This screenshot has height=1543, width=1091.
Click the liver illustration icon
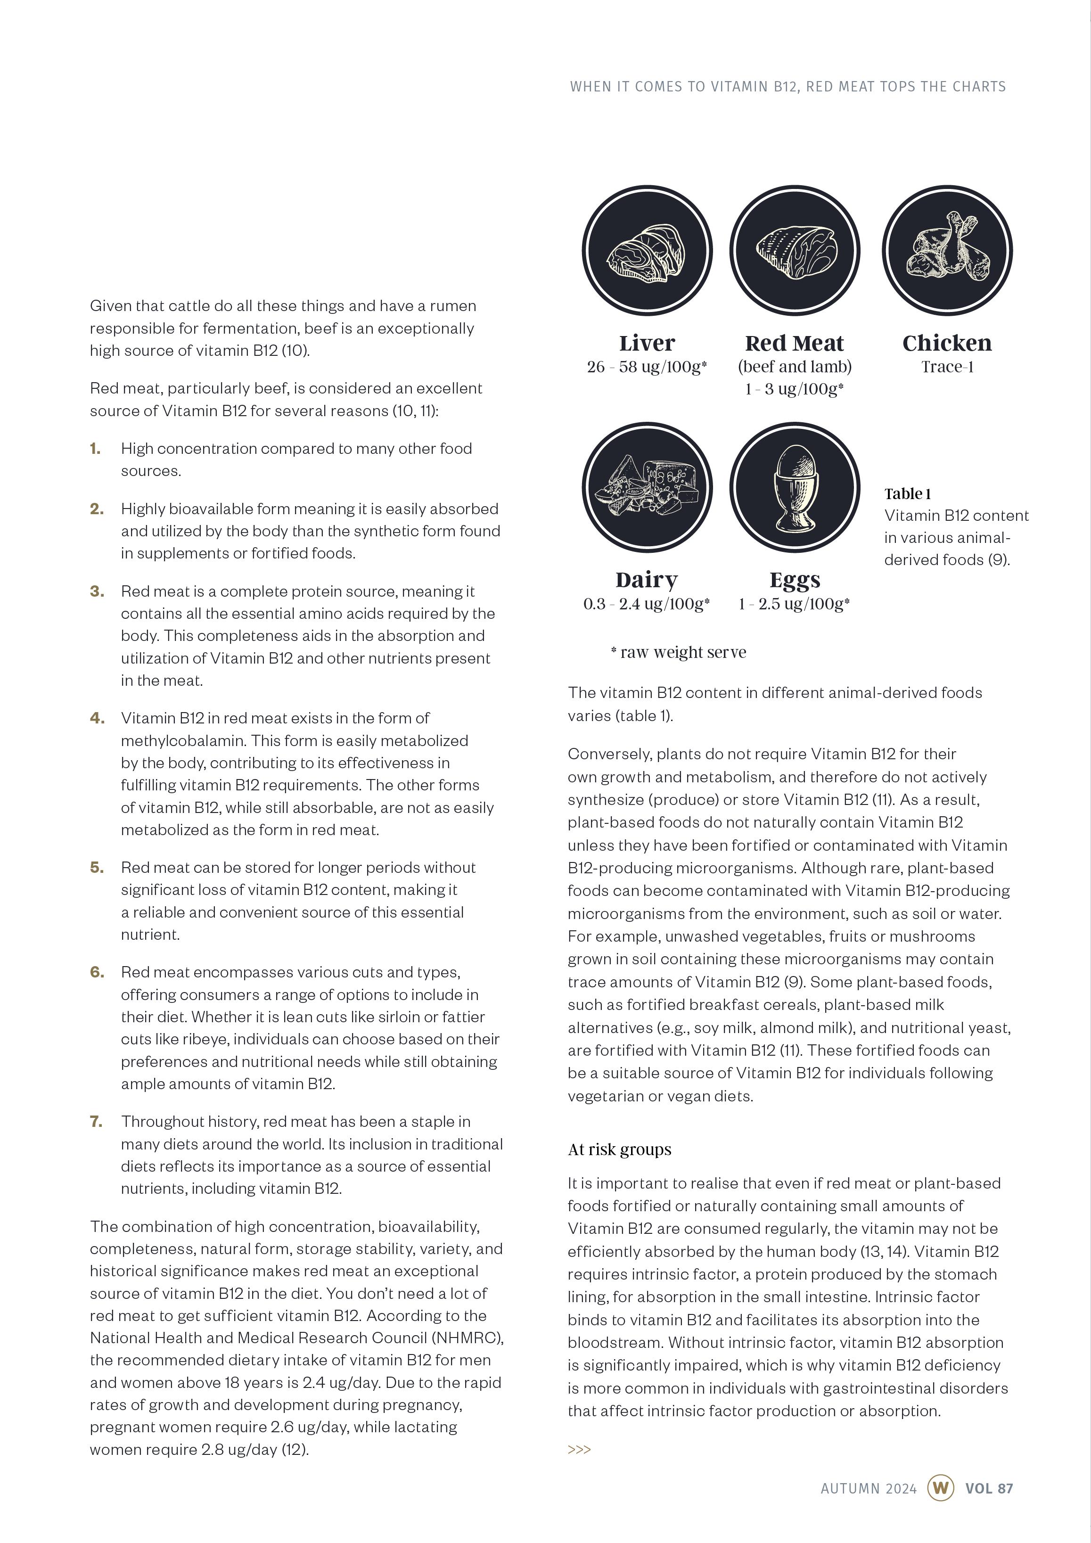click(647, 251)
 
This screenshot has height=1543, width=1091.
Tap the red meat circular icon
click(795, 251)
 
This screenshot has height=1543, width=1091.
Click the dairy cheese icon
click(647, 487)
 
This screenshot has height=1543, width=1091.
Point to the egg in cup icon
click(795, 487)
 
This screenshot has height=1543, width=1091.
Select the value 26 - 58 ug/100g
click(647, 367)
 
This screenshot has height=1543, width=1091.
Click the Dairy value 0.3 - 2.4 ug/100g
click(646, 604)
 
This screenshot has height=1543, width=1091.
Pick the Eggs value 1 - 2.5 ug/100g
click(794, 604)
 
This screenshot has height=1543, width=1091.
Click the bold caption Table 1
click(908, 494)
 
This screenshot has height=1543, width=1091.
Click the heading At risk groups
click(619, 1149)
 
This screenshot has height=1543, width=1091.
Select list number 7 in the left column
click(97, 1122)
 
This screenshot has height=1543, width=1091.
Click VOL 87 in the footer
click(989, 1488)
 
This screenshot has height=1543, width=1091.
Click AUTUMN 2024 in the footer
click(869, 1488)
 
